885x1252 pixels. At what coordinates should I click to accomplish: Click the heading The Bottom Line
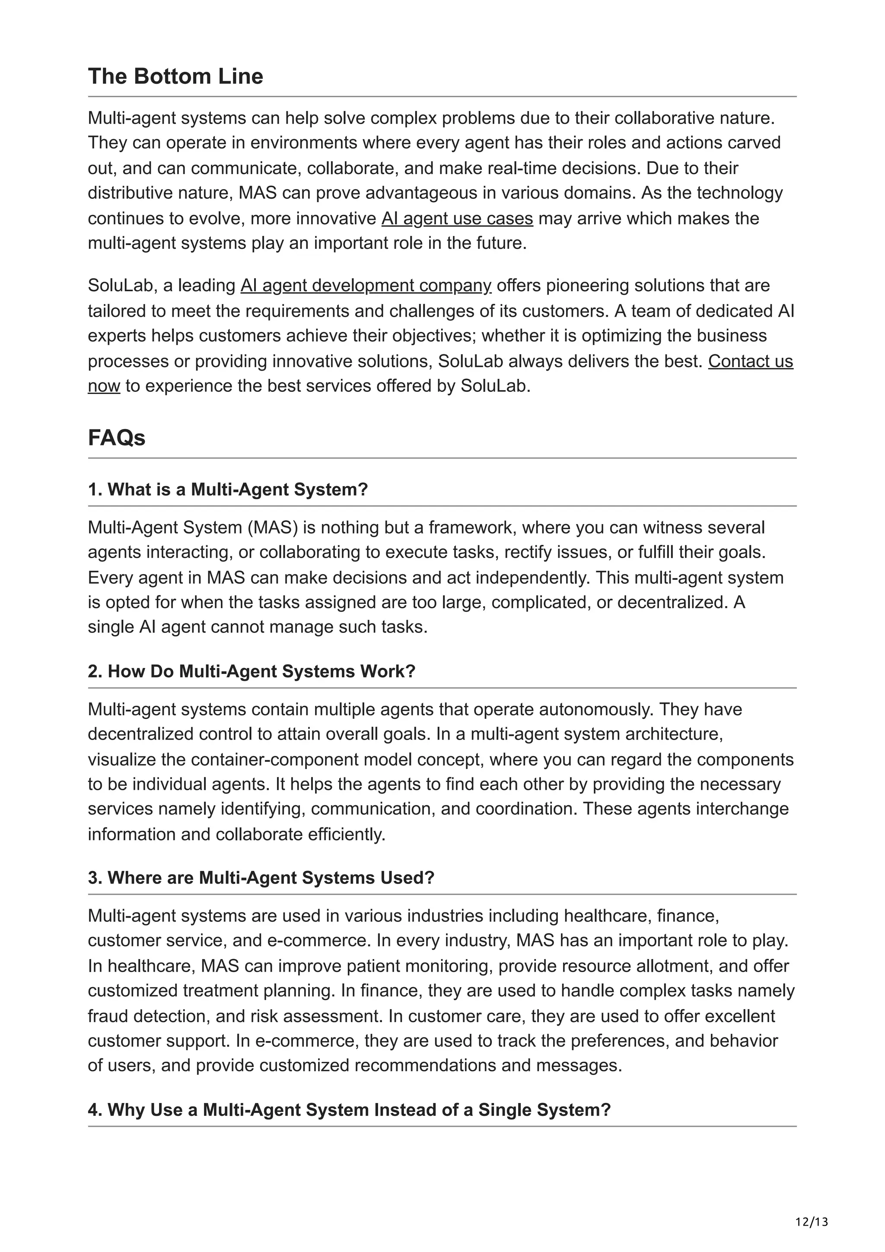pos(175,76)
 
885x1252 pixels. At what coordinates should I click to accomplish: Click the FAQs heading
pos(116,438)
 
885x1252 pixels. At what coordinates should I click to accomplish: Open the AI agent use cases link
pos(456,219)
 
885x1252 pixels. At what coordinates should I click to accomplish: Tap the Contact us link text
pos(750,361)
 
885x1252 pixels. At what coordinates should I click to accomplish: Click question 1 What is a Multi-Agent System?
pos(228,489)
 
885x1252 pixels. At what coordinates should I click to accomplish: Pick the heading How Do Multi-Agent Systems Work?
pos(251,671)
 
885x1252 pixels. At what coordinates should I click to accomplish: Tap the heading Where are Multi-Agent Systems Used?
pos(261,878)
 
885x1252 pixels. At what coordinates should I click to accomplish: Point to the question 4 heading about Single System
pos(349,1110)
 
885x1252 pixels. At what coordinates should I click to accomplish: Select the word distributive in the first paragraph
pos(131,193)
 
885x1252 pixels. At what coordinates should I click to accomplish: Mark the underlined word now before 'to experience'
pos(104,386)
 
